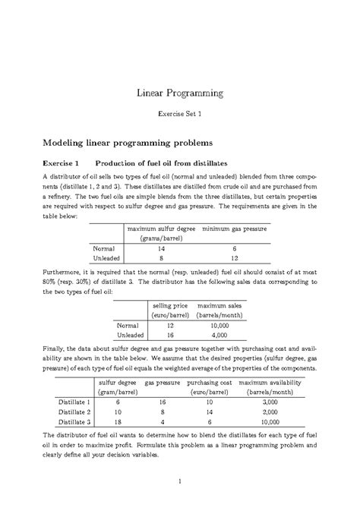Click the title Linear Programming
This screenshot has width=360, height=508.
179,93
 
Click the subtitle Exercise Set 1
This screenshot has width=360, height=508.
179,117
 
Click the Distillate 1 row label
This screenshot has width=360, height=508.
72,401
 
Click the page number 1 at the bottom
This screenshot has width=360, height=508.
179,481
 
